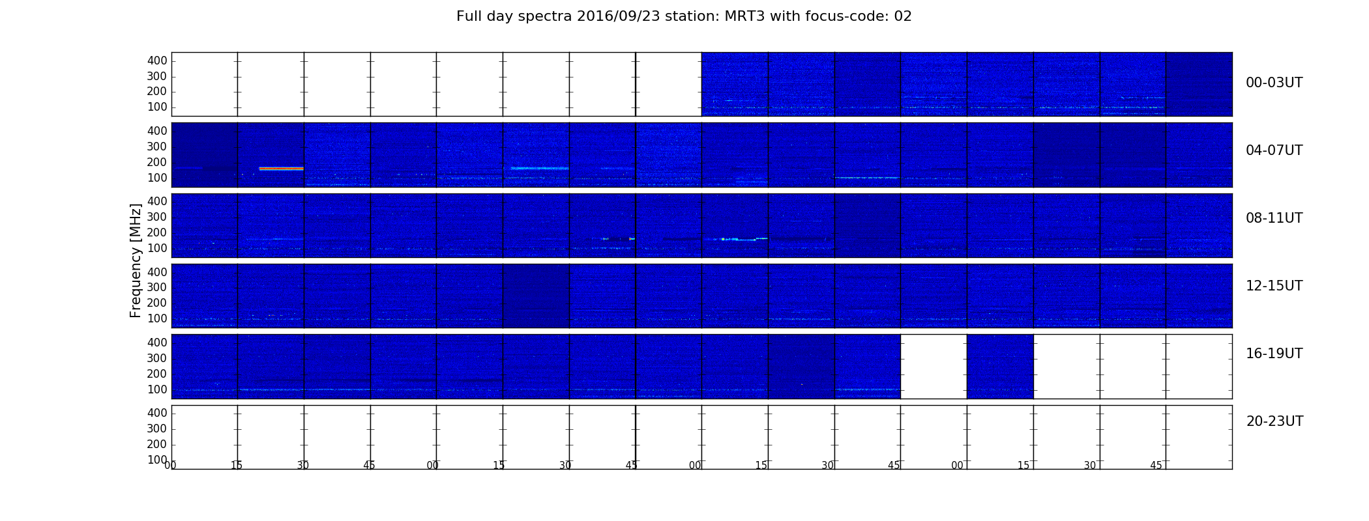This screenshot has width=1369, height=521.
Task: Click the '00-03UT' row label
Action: [x=1274, y=83]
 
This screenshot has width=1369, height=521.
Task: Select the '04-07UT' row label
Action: [x=1274, y=150]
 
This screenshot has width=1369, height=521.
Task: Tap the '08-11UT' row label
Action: [x=1274, y=218]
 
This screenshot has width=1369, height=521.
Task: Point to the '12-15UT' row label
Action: [x=1274, y=286]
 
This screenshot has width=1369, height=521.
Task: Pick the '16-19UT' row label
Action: [x=1274, y=354]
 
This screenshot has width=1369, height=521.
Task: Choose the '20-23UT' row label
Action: [x=1274, y=421]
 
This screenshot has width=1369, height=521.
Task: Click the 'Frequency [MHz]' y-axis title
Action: [x=136, y=260]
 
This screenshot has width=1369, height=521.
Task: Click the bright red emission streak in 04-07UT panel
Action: [x=281, y=169]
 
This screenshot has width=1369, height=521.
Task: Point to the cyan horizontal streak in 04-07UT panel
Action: [x=540, y=169]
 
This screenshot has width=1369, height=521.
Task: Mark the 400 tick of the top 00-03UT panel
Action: [x=157, y=61]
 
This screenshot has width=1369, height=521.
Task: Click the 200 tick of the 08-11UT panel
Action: [x=157, y=233]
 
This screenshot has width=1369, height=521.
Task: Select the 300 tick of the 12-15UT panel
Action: [x=157, y=288]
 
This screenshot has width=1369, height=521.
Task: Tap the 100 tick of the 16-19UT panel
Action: [x=157, y=390]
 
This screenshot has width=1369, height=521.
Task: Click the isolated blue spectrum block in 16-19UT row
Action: [x=1000, y=367]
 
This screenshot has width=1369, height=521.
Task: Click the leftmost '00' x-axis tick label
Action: [x=170, y=466]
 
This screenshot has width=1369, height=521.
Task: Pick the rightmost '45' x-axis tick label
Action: [x=1156, y=466]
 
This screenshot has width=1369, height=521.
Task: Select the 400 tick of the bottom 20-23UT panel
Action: [x=157, y=413]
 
